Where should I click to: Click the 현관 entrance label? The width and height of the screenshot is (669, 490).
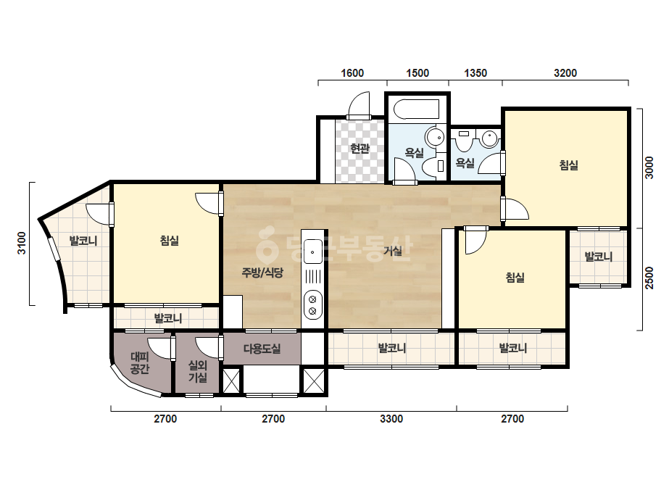(x=360, y=149)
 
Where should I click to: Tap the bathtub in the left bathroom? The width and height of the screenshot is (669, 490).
(x=417, y=109)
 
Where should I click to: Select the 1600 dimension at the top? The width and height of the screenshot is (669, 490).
(x=352, y=73)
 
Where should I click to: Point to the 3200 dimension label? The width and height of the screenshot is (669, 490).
(x=565, y=73)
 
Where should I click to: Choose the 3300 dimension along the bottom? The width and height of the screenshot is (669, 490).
(x=391, y=419)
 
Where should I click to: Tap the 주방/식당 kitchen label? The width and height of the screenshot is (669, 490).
(x=262, y=273)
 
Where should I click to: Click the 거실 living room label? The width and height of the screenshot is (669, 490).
(x=393, y=251)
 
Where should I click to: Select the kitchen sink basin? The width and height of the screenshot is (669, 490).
(x=312, y=252)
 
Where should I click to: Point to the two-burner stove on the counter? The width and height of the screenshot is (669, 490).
(x=312, y=304)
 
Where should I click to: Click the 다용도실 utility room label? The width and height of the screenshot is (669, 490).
(x=262, y=349)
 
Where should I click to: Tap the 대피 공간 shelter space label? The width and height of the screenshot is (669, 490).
(x=139, y=363)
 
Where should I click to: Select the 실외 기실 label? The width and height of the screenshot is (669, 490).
(x=198, y=371)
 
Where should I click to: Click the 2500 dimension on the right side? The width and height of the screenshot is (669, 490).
(x=649, y=278)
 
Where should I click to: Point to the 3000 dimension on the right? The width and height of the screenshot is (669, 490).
(x=649, y=167)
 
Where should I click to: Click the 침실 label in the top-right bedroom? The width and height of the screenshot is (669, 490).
(x=568, y=165)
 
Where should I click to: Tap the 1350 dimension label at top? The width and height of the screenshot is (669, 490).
(x=475, y=73)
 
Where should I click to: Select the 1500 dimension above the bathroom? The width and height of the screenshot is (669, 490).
(x=417, y=73)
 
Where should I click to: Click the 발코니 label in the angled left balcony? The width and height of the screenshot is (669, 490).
(x=83, y=241)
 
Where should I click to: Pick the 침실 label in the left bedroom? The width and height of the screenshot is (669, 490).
(x=170, y=241)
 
